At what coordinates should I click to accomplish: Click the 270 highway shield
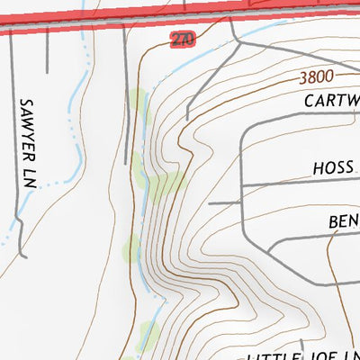point(182,39)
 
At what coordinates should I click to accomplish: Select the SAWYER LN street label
point(26,142)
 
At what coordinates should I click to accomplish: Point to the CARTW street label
point(330,101)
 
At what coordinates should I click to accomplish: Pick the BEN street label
point(343,220)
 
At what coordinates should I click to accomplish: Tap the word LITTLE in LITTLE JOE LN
point(273,354)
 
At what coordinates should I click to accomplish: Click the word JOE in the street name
point(321,352)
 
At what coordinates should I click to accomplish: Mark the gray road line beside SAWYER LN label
point(12,144)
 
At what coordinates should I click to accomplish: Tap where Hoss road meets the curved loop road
point(244,185)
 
